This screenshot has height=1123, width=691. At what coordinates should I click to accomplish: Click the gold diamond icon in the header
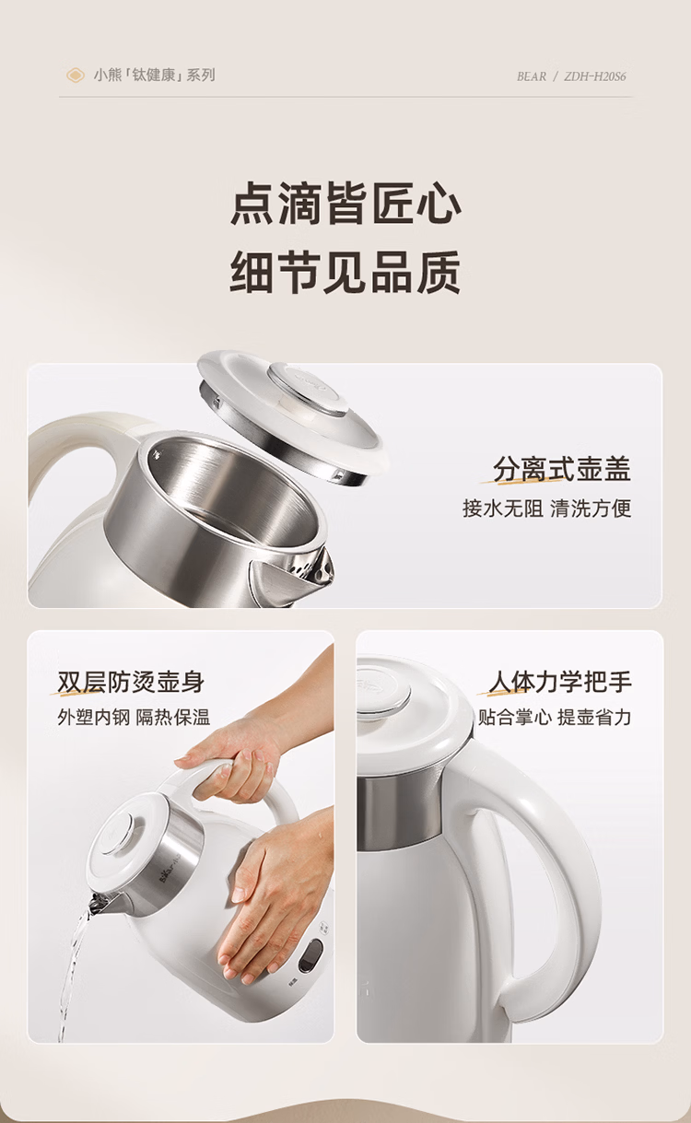pos(76,76)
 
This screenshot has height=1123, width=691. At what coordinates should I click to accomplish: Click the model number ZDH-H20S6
pos(595,76)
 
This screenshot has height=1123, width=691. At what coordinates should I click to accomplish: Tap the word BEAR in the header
pos(531,76)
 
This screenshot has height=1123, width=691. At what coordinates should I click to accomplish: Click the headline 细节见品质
pos(345,271)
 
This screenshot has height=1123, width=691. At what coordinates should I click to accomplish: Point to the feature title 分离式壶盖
pos(562,470)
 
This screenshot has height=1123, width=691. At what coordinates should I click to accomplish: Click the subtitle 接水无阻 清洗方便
pos(546,509)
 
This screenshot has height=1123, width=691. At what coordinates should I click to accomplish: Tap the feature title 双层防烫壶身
pos(131,682)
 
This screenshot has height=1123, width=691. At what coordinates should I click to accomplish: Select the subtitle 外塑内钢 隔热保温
pos(134,718)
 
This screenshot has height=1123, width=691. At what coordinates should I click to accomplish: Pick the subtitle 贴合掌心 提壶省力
pos(554,717)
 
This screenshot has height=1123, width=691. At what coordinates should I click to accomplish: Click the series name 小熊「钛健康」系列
pos(155,76)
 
